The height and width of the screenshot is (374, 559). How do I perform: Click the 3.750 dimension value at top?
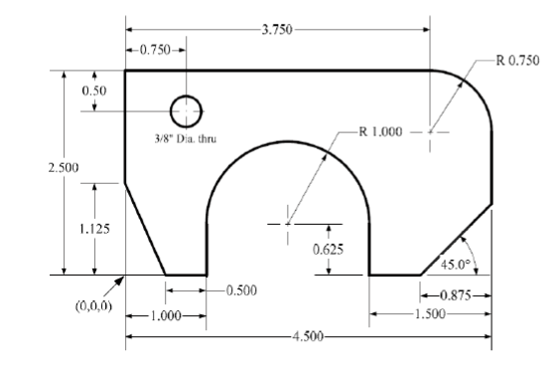(x=277, y=30)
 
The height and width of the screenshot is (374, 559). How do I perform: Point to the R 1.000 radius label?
(x=379, y=131)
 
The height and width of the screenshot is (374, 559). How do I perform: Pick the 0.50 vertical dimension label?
(x=93, y=91)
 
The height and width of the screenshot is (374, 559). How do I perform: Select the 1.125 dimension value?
(x=95, y=228)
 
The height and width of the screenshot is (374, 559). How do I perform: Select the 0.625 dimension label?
(x=327, y=250)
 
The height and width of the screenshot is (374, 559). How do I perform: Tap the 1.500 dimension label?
(x=429, y=314)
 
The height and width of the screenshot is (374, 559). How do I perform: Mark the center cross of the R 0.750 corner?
(x=430, y=130)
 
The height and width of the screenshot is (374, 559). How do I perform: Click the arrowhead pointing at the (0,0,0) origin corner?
(x=121, y=279)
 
